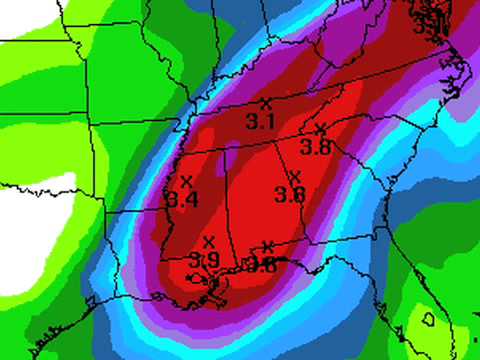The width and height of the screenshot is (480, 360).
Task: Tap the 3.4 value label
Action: (183, 199)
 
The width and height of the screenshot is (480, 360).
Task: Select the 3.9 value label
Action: (205, 259)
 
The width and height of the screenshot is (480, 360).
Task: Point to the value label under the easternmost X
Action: (317, 147)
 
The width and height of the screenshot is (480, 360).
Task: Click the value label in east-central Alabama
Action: (290, 194)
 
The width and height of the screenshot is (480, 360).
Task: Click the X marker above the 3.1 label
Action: (265, 103)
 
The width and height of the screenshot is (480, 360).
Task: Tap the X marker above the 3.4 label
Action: (186, 181)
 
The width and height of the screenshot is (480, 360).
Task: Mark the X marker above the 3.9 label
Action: (209, 241)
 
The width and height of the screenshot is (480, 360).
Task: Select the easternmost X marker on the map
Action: (320, 129)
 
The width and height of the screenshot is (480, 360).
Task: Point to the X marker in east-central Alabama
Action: (294, 177)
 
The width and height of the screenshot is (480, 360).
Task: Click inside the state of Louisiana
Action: (140, 250)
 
